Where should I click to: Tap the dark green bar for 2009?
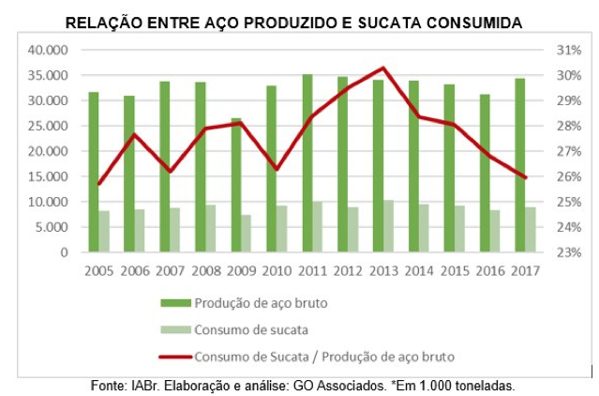[236, 185]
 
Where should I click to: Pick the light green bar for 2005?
[104, 231]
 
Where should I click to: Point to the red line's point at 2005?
[98, 184]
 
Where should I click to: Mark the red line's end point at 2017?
[525, 177]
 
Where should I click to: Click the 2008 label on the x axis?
[205, 270]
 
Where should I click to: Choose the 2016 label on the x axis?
[489, 270]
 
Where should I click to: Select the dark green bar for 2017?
[520, 164]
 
